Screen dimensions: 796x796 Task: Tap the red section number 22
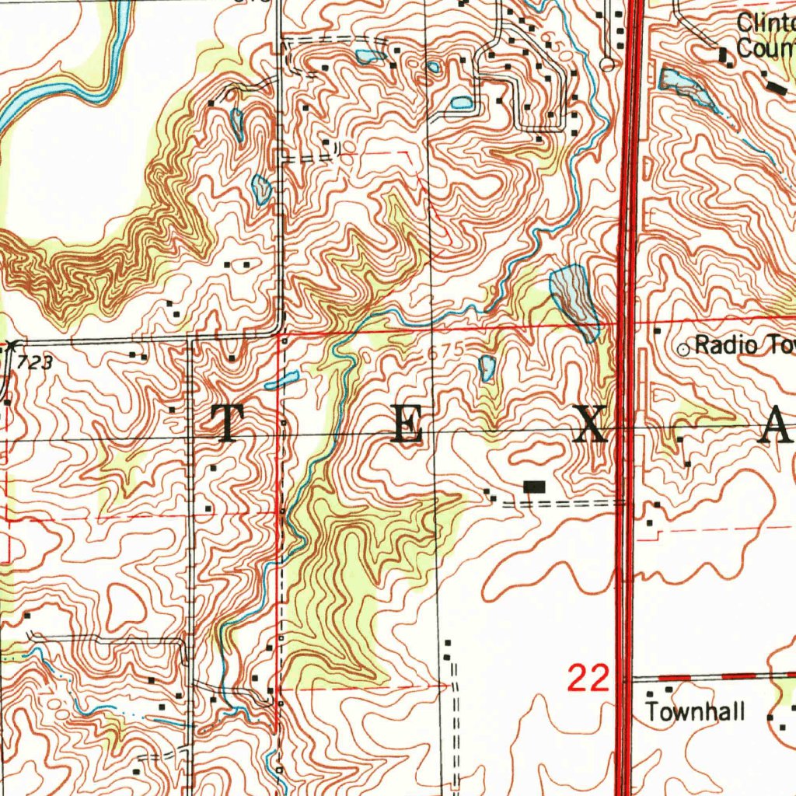coord(588,679)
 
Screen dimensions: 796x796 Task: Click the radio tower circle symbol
coord(684,350)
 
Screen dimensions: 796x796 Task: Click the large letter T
coord(226,424)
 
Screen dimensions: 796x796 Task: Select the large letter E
coord(407,424)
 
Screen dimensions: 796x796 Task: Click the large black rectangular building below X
coord(535,487)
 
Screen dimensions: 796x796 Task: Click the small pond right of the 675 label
coord(487,368)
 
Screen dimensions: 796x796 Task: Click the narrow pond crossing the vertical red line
coord(285,379)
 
